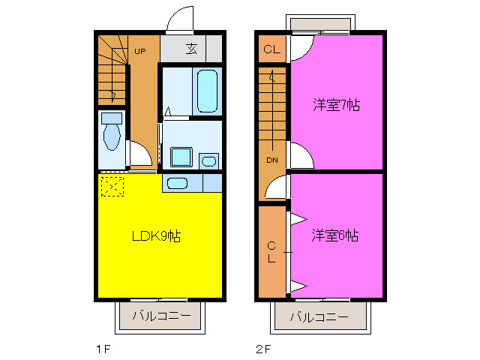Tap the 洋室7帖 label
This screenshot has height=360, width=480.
[336, 106]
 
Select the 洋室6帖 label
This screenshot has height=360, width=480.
[334, 235]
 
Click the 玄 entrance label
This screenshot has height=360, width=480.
[191, 49]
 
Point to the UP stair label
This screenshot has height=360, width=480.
[140, 51]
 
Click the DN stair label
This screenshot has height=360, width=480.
[271, 160]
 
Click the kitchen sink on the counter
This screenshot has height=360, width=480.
[177, 183]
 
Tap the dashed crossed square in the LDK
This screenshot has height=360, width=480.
[112, 184]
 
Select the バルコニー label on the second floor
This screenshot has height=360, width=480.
[318, 316]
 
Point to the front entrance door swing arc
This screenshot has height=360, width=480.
[180, 19]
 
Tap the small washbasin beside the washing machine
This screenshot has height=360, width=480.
[208, 160]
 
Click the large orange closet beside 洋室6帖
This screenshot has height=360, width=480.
[272, 251]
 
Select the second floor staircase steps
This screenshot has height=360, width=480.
[271, 112]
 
